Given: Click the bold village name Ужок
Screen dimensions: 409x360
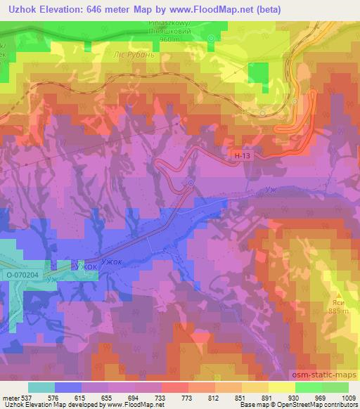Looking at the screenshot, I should (x=86, y=266).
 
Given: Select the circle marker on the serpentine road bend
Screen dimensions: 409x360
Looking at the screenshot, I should (x=191, y=183).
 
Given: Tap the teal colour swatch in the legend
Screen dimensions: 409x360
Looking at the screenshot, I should (x=41, y=387).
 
